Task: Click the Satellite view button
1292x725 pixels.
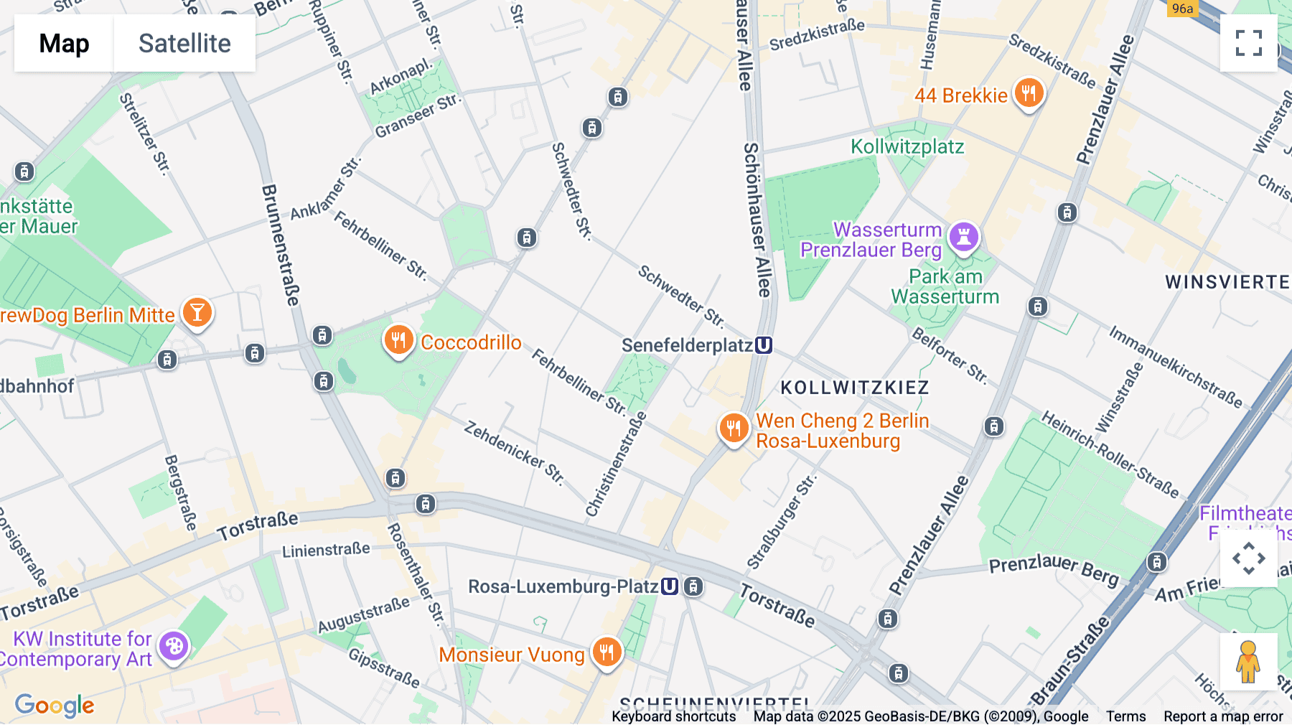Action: (184, 43)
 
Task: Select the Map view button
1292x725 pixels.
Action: (64, 43)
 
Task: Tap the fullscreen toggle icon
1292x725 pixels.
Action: (1248, 43)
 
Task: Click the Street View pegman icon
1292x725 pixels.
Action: (1248, 662)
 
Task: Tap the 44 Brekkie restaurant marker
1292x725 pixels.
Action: (1029, 94)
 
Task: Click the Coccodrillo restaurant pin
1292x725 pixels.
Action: (398, 340)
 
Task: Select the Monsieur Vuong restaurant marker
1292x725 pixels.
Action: (607, 652)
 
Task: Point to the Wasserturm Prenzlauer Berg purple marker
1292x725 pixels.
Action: (963, 238)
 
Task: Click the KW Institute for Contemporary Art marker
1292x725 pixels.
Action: (174, 647)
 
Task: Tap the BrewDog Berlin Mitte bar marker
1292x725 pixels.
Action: (197, 314)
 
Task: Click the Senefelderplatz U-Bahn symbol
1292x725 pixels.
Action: (764, 345)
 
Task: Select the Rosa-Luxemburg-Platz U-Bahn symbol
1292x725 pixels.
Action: (669, 586)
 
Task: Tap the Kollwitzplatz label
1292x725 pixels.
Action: (907, 146)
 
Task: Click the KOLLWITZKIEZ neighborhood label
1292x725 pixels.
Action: (854, 388)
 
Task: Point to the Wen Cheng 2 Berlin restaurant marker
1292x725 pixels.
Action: (733, 429)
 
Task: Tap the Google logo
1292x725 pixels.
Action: (55, 705)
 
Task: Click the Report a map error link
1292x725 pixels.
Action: (1222, 716)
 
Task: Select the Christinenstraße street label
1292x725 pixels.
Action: (616, 464)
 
